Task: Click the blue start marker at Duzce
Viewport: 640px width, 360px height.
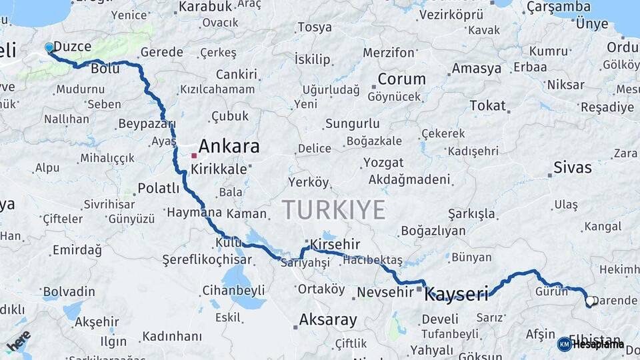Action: coord(49,47)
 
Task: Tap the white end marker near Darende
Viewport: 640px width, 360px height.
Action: coord(589,301)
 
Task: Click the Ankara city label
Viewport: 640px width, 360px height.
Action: coord(229,147)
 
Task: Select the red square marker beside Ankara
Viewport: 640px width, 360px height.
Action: coord(194,155)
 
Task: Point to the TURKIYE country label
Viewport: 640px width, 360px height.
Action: coord(333,210)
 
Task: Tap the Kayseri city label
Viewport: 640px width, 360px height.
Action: coord(457,293)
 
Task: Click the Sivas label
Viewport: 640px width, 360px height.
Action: coord(573,167)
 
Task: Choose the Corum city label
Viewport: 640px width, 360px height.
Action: coord(401,79)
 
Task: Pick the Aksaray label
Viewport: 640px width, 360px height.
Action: coord(328,320)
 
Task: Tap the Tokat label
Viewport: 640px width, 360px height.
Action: coord(487,105)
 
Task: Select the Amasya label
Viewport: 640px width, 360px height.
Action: coord(477,69)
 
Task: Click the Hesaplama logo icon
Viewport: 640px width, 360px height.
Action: coord(564,344)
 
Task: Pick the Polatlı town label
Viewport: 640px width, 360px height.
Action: coord(158,188)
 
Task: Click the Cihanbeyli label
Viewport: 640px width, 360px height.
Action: coord(233,290)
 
